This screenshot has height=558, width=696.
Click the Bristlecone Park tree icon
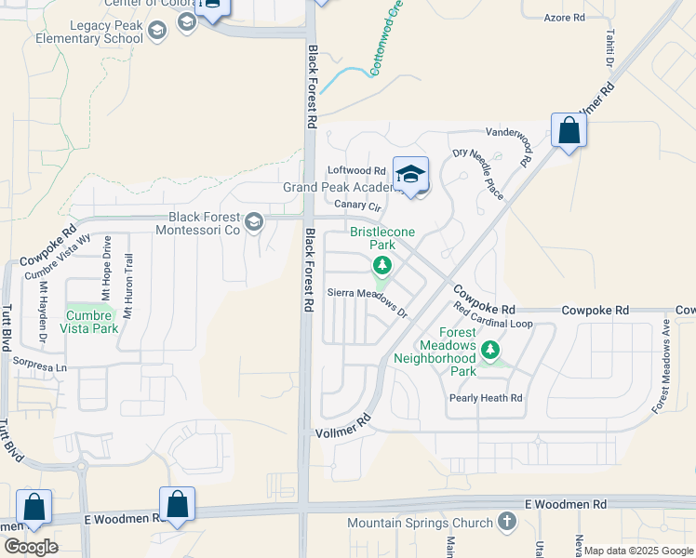pos(381,268)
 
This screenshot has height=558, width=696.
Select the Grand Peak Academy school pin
pos(410,175)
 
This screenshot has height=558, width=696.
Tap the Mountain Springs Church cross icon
pos(507,522)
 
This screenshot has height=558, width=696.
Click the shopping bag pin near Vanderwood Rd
pos(569,132)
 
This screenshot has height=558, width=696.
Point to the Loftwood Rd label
pos(356,171)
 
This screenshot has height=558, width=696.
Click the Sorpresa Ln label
pos(35,368)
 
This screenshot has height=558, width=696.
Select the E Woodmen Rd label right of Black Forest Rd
pos(565,504)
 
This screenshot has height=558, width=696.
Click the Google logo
pos(31,547)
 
